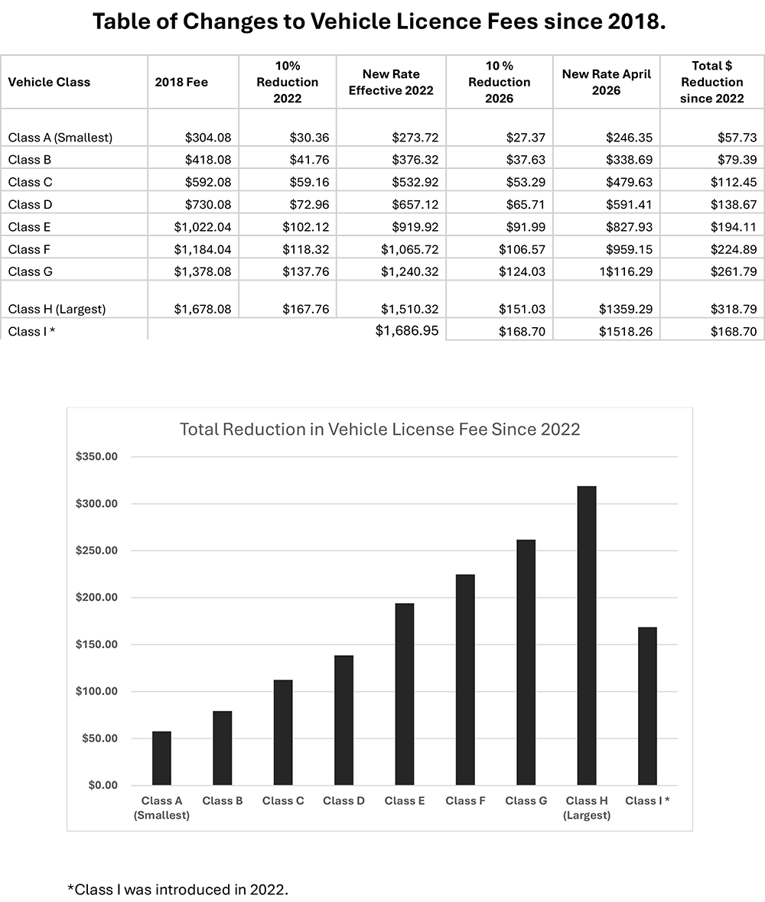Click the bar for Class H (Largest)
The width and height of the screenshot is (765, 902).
[x=587, y=636]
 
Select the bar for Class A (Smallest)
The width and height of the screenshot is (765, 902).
[x=161, y=758]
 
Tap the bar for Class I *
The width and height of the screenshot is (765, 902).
[x=648, y=706]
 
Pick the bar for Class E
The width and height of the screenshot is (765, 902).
[x=405, y=694]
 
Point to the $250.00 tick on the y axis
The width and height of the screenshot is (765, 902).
[x=96, y=550]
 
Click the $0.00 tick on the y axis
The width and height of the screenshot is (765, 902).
[x=103, y=785]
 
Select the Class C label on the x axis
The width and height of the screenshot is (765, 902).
[x=283, y=801]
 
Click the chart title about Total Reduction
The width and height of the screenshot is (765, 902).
[x=380, y=429]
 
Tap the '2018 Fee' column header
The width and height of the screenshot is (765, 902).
[x=181, y=83]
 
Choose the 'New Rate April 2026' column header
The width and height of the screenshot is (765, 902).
[x=607, y=83]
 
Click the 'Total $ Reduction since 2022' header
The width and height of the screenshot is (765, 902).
[x=712, y=83]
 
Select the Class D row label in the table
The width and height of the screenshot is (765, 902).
[x=30, y=205]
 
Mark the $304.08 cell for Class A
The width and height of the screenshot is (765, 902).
[x=208, y=138]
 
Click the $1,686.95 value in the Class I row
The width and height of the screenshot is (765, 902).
[x=407, y=331]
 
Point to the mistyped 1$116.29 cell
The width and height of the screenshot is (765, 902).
[x=626, y=271]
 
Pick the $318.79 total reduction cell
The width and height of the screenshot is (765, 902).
[x=734, y=310]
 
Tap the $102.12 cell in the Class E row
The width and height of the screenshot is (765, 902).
[x=306, y=227]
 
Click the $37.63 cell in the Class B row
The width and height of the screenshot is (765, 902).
[x=526, y=160]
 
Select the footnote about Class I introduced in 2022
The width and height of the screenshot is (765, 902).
[x=178, y=889]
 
